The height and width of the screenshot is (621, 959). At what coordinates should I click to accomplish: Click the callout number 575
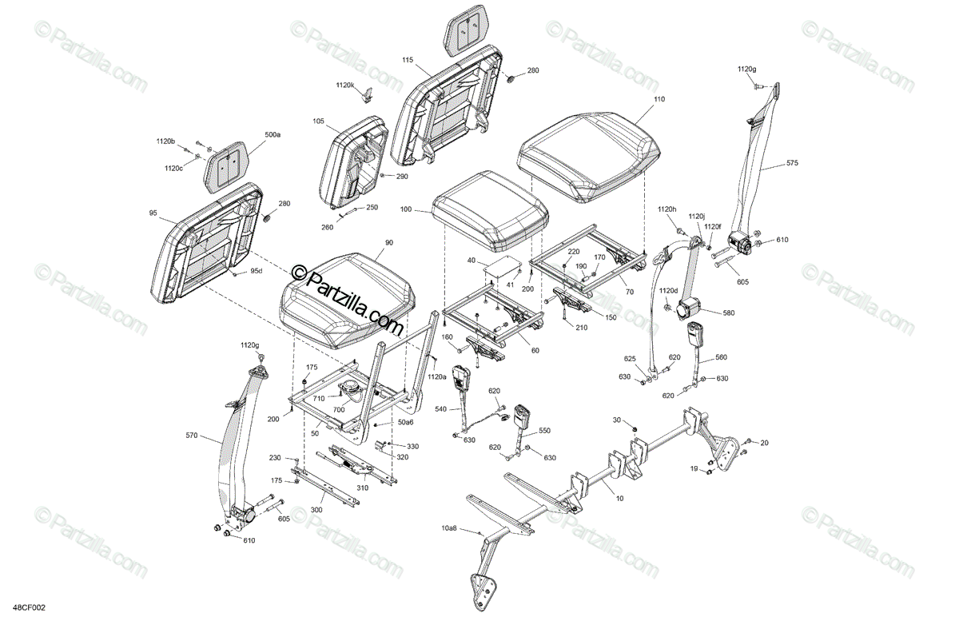point(792,163)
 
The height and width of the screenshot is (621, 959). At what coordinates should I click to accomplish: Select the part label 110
point(658,100)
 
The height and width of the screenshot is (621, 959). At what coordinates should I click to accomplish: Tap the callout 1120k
point(345,85)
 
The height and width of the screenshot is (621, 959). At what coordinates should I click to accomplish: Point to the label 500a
point(273,135)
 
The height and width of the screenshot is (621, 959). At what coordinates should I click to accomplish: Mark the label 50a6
point(406,422)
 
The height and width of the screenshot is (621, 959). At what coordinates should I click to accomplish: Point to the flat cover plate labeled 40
point(501,269)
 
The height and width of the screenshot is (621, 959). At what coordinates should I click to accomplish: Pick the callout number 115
point(408,60)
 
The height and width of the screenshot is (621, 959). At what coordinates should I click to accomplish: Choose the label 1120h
point(667,209)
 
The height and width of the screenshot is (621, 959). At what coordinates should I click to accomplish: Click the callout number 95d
point(256,271)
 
